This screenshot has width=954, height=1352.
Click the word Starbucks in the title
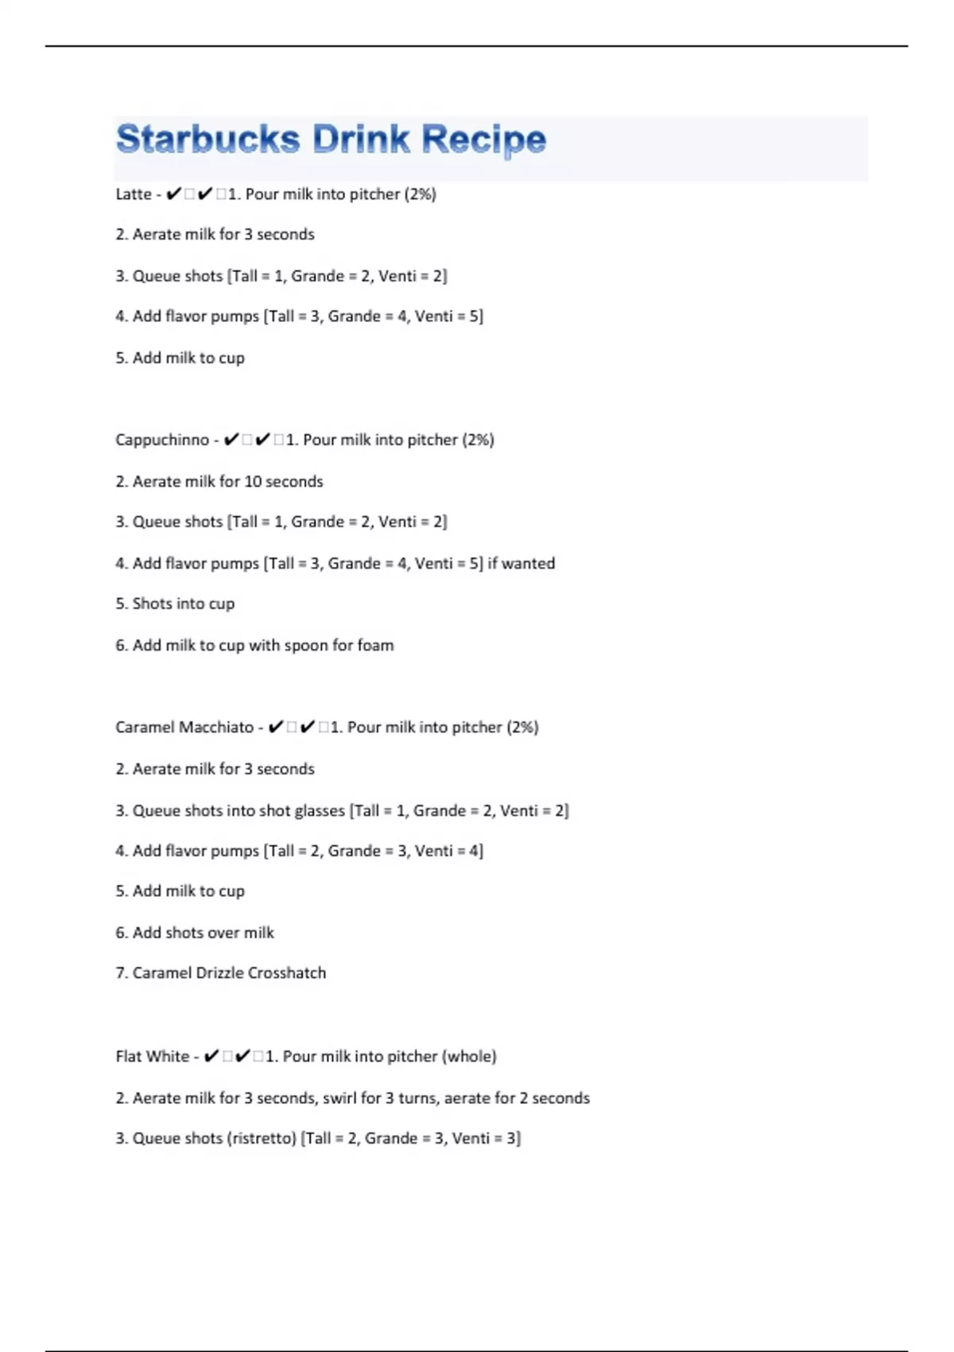(x=207, y=139)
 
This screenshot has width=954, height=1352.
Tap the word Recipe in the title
(x=483, y=141)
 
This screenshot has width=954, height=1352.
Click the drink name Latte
(x=134, y=194)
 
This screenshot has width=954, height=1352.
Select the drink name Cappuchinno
(x=162, y=440)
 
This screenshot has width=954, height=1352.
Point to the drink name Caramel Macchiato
(x=184, y=727)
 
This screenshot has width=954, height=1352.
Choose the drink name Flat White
(x=153, y=1056)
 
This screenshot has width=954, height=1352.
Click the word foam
(x=375, y=645)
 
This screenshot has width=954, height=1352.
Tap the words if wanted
(x=522, y=563)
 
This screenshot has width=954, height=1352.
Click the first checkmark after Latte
(x=174, y=194)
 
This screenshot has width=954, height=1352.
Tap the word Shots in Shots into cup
(x=153, y=604)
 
